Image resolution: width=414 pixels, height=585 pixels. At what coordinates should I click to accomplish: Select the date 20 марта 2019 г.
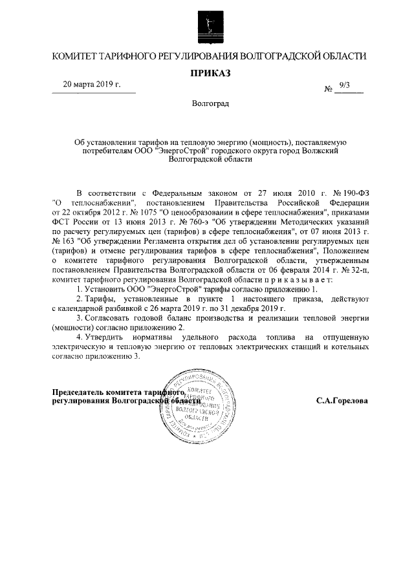click(x=91, y=85)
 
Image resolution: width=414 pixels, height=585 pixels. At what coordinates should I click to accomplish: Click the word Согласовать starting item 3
click(x=110, y=319)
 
